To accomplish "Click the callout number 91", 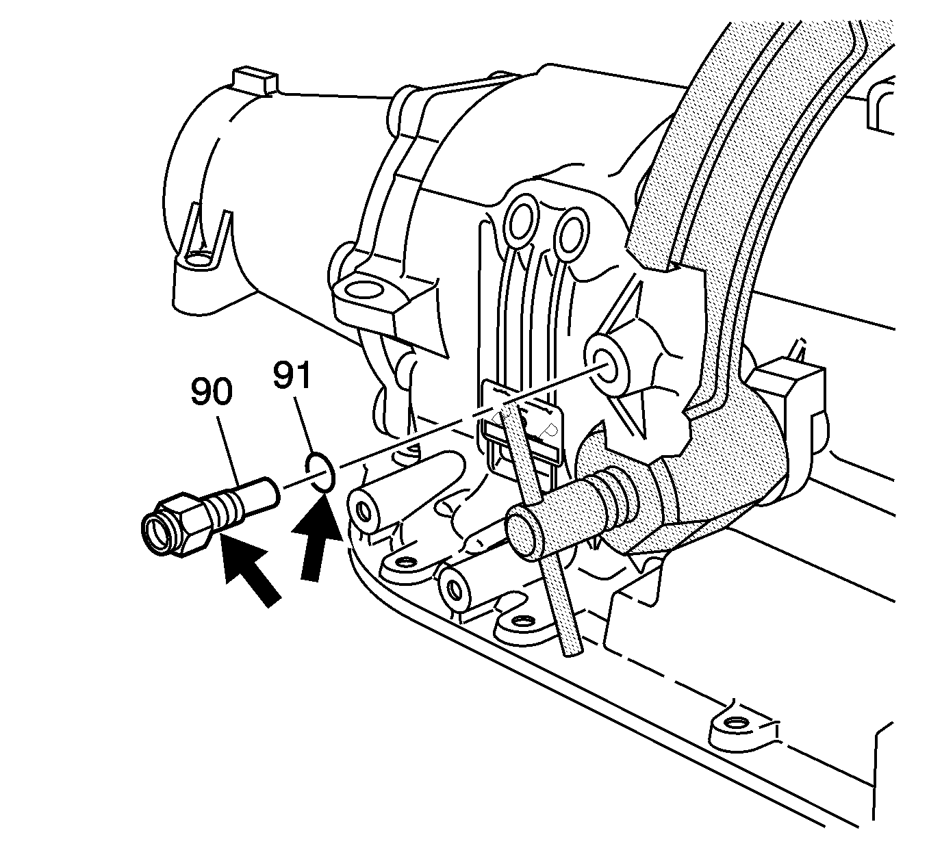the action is (x=292, y=374).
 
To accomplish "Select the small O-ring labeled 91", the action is (x=320, y=472).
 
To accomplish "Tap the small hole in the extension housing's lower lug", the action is (x=196, y=259).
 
